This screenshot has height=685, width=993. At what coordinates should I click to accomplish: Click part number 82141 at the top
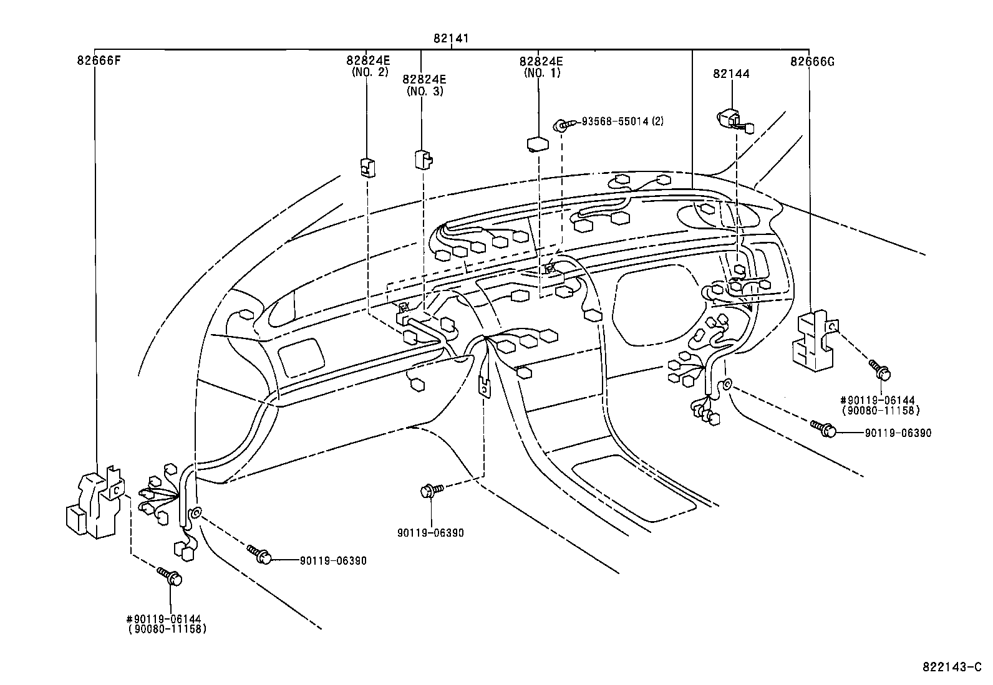pyautogui.click(x=451, y=39)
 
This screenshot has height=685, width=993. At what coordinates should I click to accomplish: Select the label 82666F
pyautogui.click(x=99, y=61)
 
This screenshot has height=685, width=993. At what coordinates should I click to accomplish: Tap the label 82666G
pyautogui.click(x=811, y=61)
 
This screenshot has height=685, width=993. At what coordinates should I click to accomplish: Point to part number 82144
pyautogui.click(x=731, y=74)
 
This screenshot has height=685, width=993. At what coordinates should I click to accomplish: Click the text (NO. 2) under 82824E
pyautogui.click(x=368, y=72)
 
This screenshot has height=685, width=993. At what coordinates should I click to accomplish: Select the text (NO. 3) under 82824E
pyautogui.click(x=425, y=91)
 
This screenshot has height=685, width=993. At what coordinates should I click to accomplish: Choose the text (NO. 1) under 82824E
pyautogui.click(x=541, y=72)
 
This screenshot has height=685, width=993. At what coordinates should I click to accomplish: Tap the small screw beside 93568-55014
pyautogui.click(x=560, y=127)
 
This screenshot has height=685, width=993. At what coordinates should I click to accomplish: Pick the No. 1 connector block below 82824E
pyautogui.click(x=537, y=144)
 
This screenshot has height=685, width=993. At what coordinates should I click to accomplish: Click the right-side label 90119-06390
pyautogui.click(x=898, y=433)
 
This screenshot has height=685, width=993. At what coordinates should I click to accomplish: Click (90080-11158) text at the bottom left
pyautogui.click(x=167, y=630)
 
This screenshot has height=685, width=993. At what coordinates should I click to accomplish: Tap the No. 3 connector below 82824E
pyautogui.click(x=423, y=160)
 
